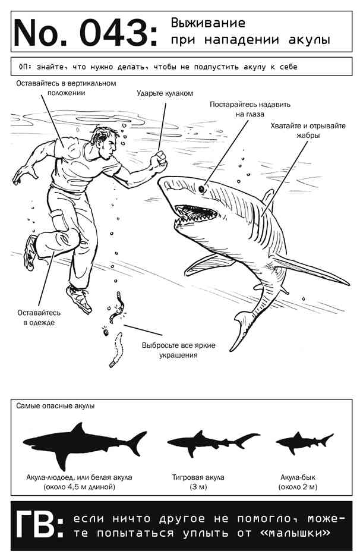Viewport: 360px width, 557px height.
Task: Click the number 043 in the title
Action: click(x=114, y=33)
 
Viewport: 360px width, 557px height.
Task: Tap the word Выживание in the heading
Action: click(x=208, y=23)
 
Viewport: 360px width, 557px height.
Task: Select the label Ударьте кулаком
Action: click(x=165, y=93)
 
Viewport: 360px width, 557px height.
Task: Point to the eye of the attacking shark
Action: click(x=203, y=189)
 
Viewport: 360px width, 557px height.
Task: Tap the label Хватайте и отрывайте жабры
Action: click(x=308, y=130)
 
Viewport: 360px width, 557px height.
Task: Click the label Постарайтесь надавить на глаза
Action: click(x=250, y=109)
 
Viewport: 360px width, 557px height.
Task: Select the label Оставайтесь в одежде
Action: click(x=39, y=317)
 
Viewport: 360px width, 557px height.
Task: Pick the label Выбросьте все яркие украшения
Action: click(x=179, y=350)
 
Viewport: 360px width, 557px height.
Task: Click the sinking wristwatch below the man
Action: click(x=118, y=307)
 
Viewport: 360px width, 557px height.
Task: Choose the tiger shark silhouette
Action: click(x=213, y=443)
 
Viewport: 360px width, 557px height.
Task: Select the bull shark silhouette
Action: click(x=304, y=443)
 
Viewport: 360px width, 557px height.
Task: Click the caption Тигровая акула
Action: click(x=198, y=477)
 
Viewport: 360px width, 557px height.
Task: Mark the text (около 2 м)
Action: click(x=298, y=487)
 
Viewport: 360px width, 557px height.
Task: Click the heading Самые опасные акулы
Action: click(x=55, y=405)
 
